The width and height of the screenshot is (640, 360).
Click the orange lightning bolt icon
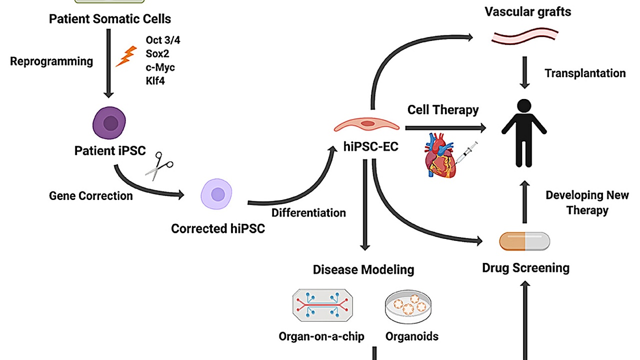coord(126,56)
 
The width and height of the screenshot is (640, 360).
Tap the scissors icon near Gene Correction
coord(159,166)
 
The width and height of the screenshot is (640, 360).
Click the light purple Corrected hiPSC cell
coord(217,194)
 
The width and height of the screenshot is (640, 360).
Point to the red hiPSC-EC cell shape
coord(367,124)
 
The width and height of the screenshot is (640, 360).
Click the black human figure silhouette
coord(524,132)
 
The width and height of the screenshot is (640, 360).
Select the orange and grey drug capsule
coord(524,242)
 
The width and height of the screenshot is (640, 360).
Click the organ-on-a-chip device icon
coord(321,305)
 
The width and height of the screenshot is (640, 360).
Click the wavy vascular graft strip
coord(525,36)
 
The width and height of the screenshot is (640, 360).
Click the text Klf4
coord(155,80)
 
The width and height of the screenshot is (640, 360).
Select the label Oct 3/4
coord(162,40)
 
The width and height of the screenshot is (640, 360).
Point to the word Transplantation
coord(585,73)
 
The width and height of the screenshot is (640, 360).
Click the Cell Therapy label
coord(443,110)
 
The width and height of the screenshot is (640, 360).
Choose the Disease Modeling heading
coord(363,270)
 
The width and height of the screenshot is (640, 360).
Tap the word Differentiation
coord(308,213)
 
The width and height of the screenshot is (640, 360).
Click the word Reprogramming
coord(51,61)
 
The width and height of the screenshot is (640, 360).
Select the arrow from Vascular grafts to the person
coord(524,72)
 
